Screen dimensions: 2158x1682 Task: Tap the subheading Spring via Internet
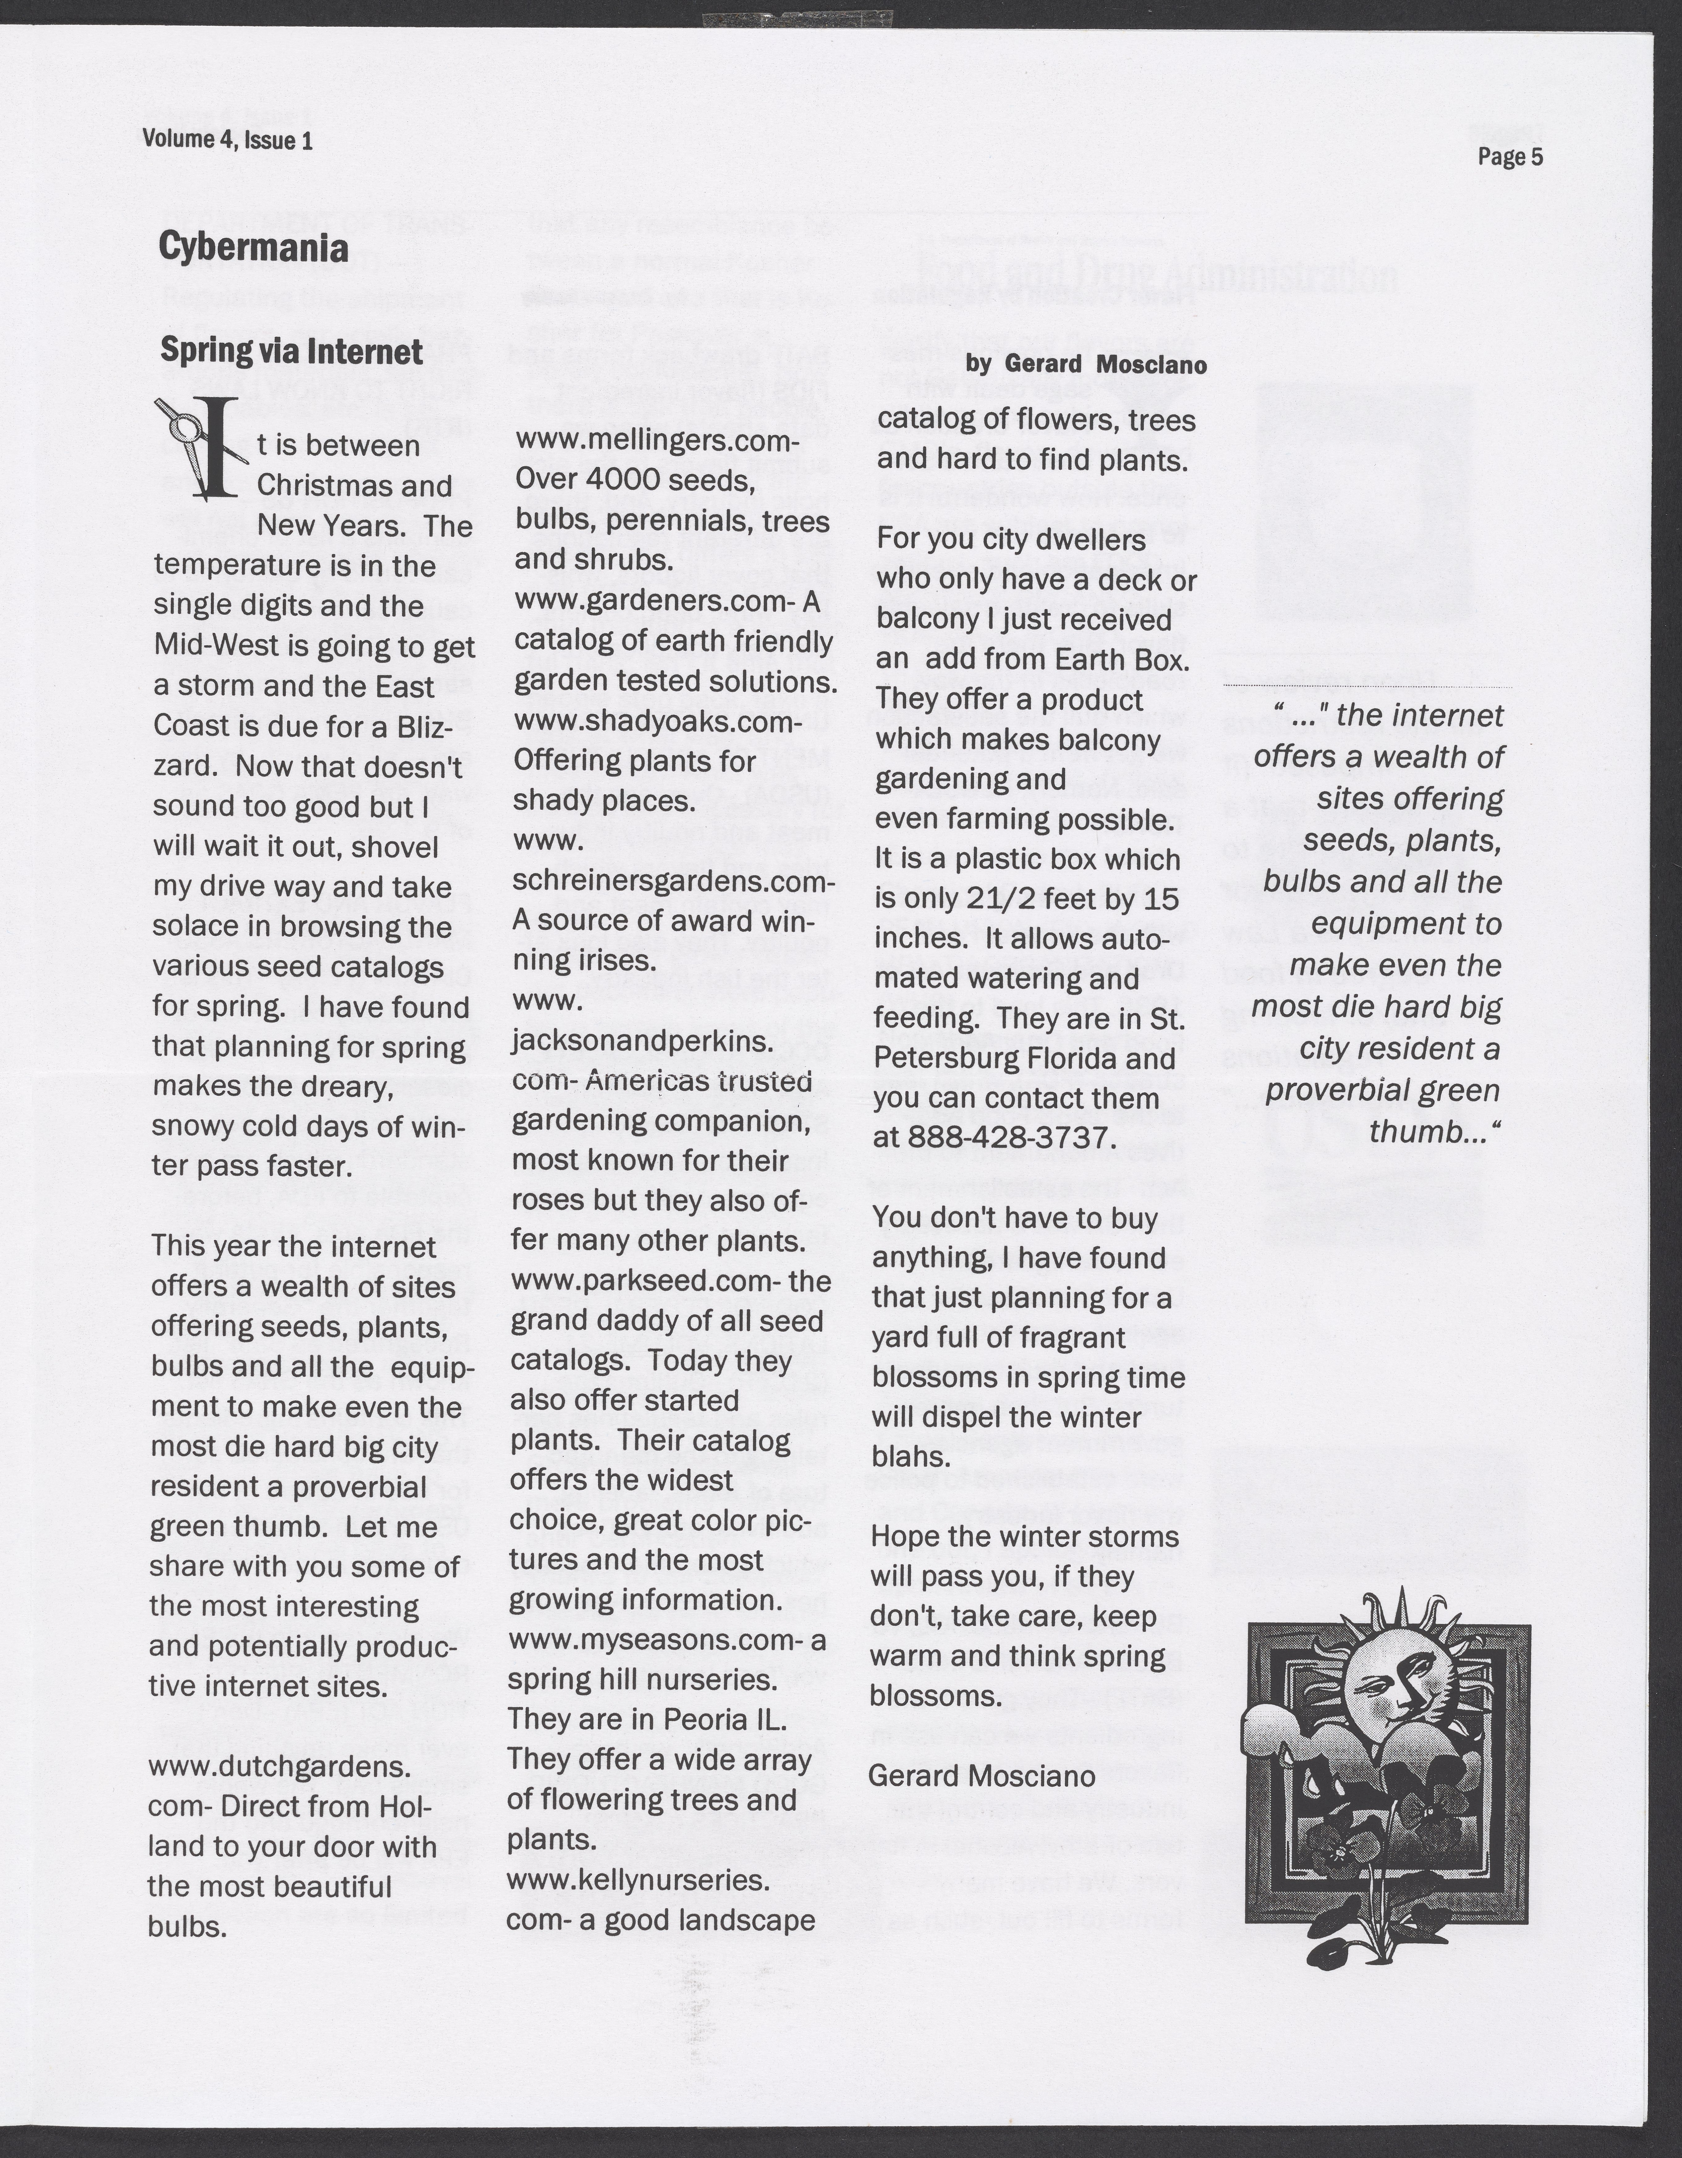291,352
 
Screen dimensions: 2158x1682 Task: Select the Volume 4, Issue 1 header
227,139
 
